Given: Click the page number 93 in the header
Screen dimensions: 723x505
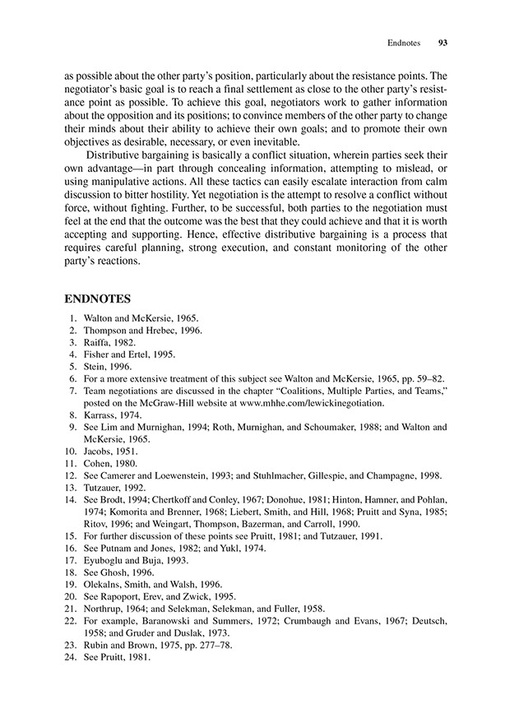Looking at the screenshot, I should tap(442, 42).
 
